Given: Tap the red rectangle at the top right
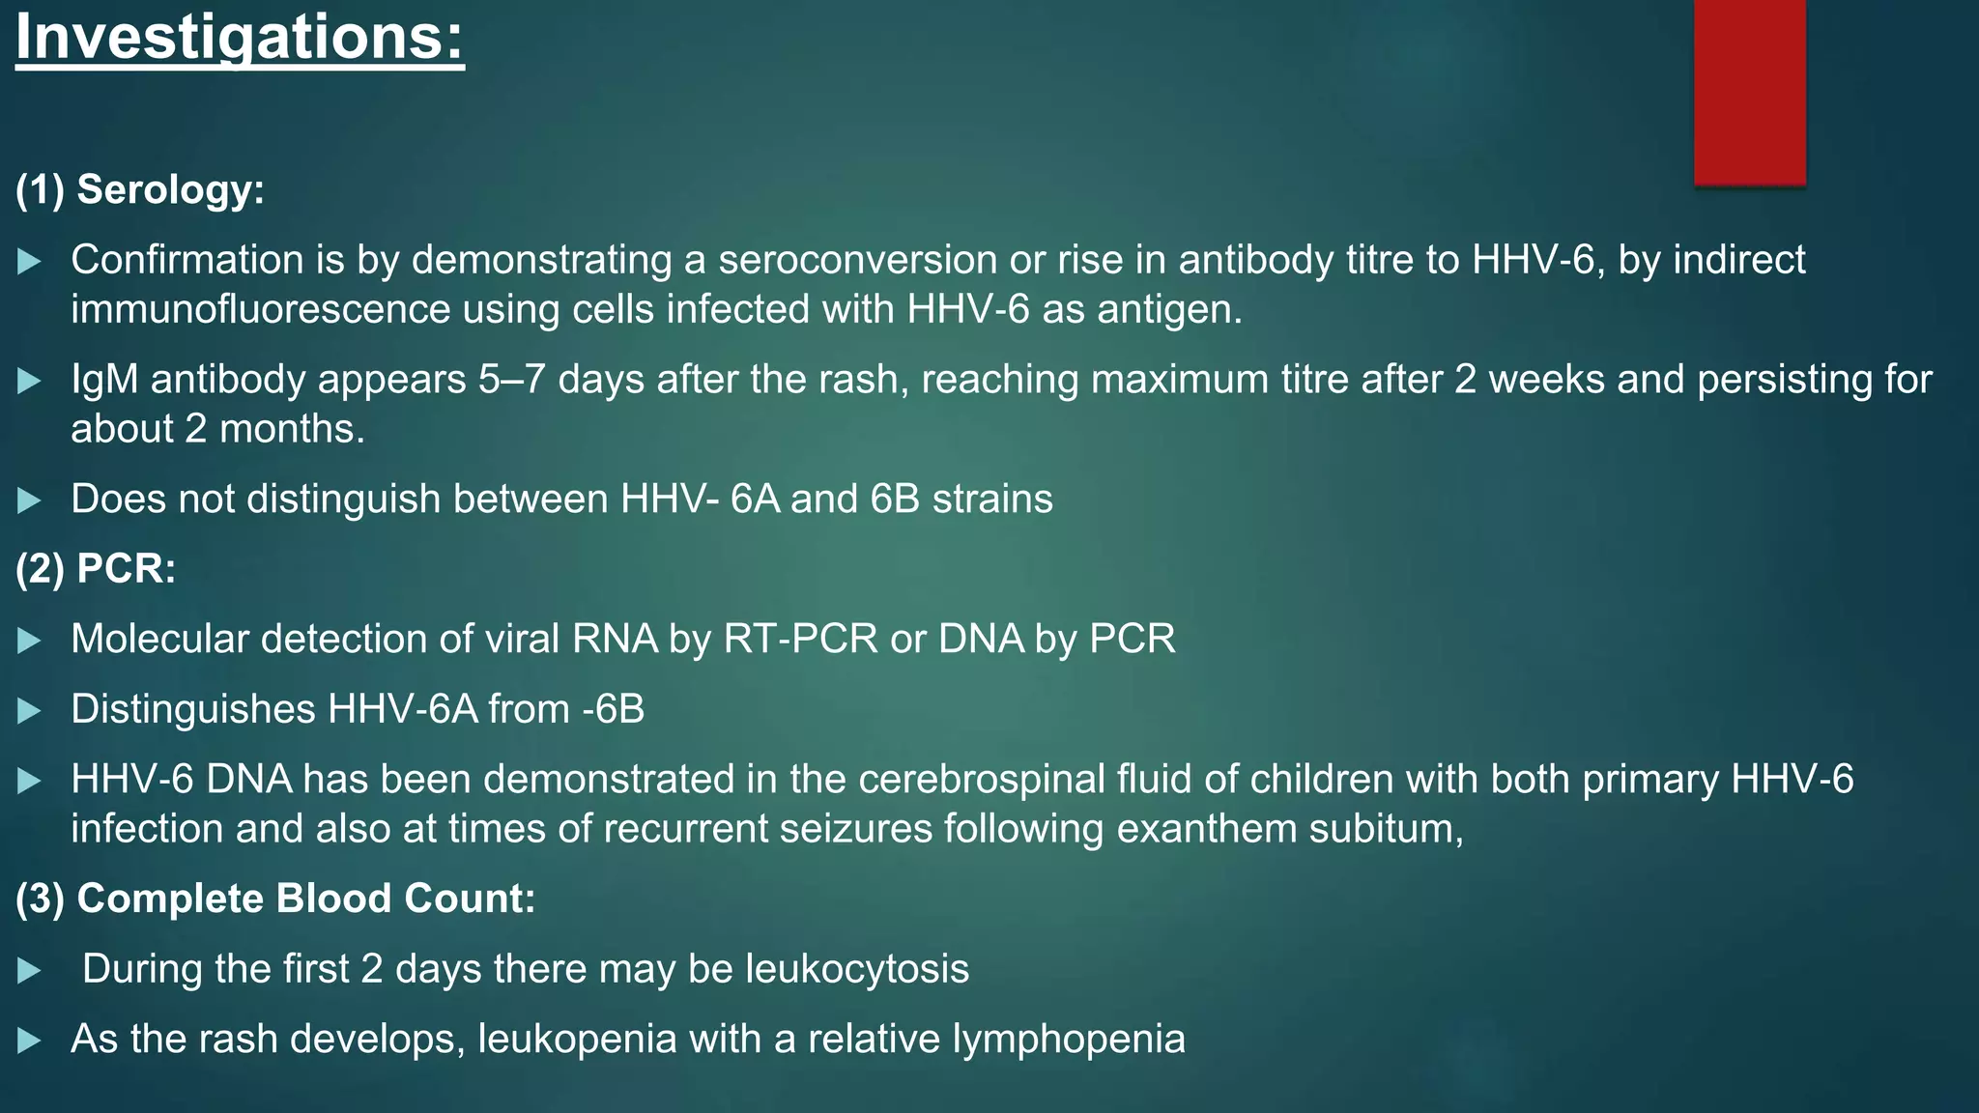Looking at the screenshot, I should point(1749,92).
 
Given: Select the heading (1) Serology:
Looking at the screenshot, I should point(140,189).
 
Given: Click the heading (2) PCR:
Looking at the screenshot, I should point(96,568).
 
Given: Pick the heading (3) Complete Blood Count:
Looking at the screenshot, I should point(275,899).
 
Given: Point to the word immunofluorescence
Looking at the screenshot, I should point(260,310).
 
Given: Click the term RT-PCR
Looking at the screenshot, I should point(801,640).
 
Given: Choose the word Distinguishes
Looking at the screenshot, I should point(193,710).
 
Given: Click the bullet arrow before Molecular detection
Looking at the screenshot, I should point(30,641).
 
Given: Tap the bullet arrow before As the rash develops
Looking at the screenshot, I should point(30,1041).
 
